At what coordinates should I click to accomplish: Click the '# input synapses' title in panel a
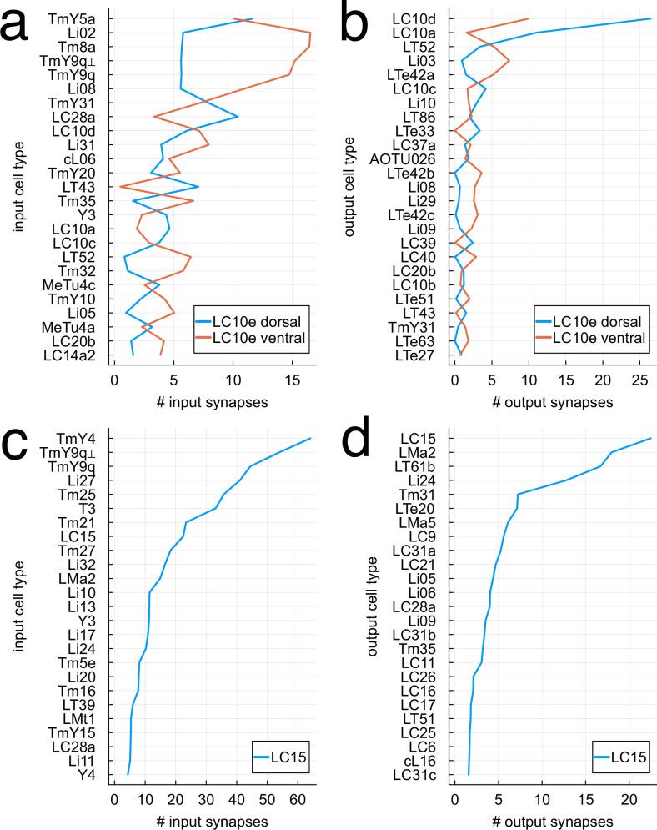212,402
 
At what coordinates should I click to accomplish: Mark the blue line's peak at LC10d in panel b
649,18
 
